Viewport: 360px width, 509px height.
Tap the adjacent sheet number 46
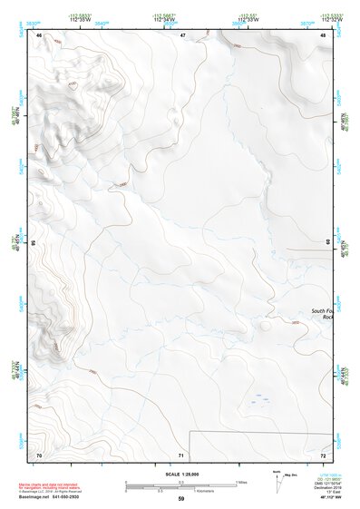tap(39, 35)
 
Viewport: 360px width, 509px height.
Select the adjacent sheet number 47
tap(182, 35)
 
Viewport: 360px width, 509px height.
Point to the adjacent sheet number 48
tap(324, 35)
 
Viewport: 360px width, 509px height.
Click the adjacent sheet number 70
tap(39, 455)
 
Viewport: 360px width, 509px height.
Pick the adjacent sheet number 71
tap(182, 455)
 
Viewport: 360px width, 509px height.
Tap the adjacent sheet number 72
tap(324, 455)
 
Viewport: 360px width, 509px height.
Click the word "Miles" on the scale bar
tap(244, 482)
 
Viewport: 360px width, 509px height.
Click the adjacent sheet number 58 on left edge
tap(33, 243)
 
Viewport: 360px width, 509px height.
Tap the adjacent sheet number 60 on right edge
tap(328, 242)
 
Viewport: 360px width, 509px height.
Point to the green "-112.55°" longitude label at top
tap(246, 15)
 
